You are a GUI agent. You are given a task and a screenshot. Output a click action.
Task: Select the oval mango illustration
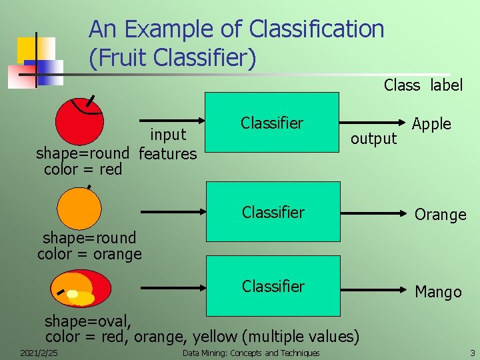[x=81, y=287]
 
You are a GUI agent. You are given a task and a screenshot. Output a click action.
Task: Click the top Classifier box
[x=272, y=123]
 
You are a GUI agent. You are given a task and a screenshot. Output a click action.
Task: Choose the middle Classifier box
[x=273, y=213]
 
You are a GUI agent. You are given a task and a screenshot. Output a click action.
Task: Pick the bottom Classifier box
[x=273, y=286]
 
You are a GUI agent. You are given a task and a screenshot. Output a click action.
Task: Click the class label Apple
[x=431, y=124]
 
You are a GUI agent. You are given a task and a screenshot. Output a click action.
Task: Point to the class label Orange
[x=440, y=215]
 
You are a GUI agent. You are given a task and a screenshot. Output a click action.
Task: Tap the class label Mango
[x=438, y=292]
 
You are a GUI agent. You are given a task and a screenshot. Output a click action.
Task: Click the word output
[x=373, y=139]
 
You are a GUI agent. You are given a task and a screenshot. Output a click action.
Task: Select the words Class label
[x=423, y=85]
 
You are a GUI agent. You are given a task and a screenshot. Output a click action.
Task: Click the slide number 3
[x=472, y=353]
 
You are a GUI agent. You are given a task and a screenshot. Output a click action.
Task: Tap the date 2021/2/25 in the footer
[x=38, y=353]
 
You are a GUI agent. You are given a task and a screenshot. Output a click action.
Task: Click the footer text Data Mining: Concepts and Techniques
[x=251, y=353]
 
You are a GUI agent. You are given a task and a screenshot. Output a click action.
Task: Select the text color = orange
[x=89, y=254]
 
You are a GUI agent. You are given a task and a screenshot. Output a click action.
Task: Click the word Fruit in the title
[x=123, y=59]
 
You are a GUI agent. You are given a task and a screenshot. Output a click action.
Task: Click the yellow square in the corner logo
[x=33, y=49]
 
